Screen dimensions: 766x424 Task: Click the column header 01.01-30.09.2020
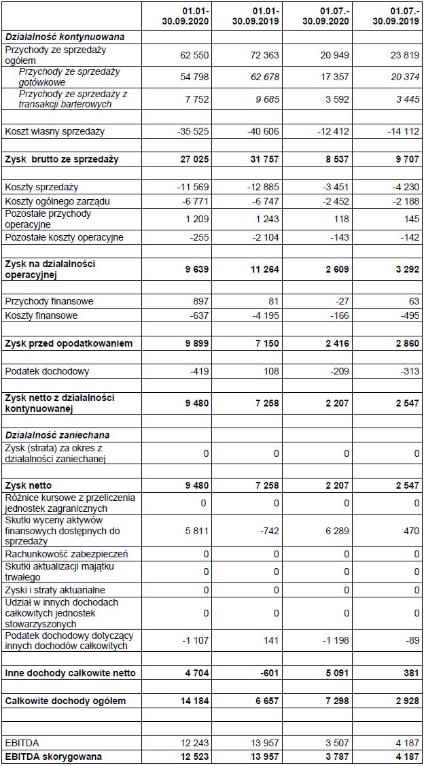point(185,16)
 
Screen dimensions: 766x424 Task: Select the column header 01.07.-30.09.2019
point(395,16)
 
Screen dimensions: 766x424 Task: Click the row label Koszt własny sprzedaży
point(55,131)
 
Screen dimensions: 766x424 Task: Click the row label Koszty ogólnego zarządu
point(57,201)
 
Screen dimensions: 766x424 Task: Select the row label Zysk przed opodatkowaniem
point(69,344)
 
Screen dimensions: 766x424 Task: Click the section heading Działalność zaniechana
point(57,435)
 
